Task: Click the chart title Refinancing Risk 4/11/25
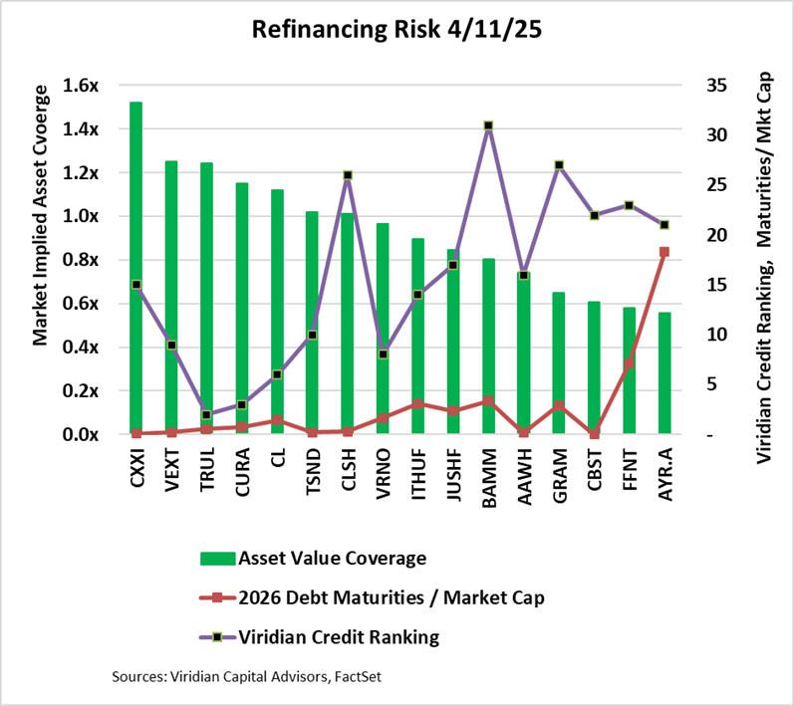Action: pyautogui.click(x=397, y=29)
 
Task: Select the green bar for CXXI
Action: pyautogui.click(x=135, y=269)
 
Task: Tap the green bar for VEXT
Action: pyautogui.click(x=171, y=299)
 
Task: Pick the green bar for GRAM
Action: pyautogui.click(x=559, y=363)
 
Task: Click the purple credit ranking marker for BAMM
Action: pyautogui.click(x=488, y=125)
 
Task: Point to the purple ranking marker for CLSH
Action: pyautogui.click(x=348, y=175)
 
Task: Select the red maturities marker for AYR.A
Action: pyautogui.click(x=664, y=252)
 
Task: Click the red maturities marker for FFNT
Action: pyautogui.click(x=629, y=363)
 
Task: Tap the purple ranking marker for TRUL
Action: pyautogui.click(x=206, y=414)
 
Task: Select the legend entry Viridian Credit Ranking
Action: pyautogui.click(x=339, y=635)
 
